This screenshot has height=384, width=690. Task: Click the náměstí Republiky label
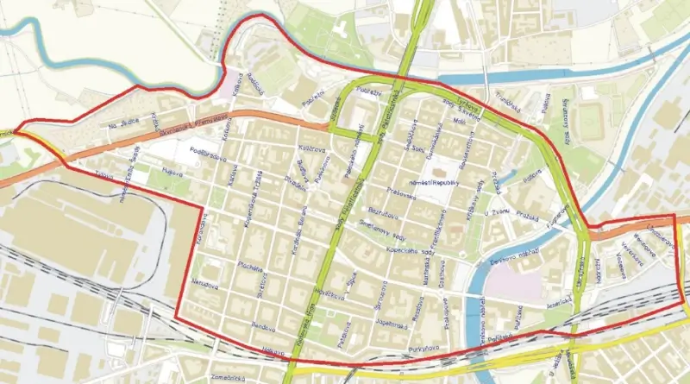click(x=444, y=183)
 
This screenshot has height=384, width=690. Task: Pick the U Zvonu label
click(x=498, y=212)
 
